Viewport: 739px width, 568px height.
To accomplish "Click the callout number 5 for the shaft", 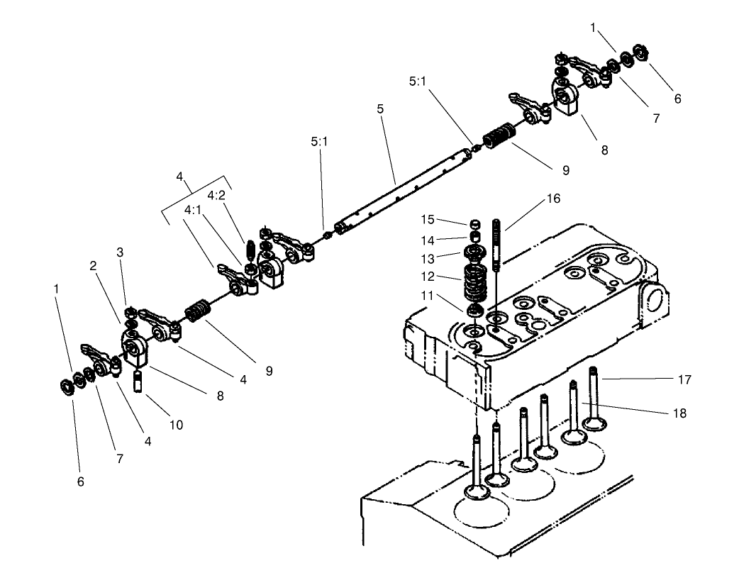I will (380, 109).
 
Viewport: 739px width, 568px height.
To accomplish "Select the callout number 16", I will (553, 199).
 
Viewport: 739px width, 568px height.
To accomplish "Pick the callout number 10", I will (176, 425).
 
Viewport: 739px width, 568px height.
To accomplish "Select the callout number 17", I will (684, 380).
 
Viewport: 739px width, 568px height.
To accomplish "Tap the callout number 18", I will (679, 413).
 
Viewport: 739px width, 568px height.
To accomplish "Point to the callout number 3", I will (120, 252).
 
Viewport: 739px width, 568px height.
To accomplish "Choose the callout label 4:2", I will (217, 195).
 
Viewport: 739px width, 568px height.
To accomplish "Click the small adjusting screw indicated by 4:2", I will (250, 250).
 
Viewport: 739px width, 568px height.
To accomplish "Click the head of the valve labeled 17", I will (594, 424).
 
